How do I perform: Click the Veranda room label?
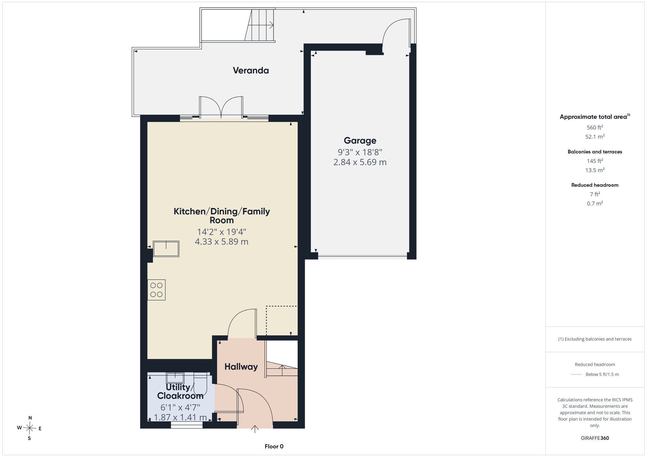(x=251, y=70)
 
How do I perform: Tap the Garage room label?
(x=360, y=141)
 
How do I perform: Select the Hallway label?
(x=241, y=367)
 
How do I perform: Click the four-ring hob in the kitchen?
(x=157, y=290)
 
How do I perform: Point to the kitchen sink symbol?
(x=166, y=249)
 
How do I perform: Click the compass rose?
(x=29, y=428)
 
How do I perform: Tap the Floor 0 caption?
(x=274, y=446)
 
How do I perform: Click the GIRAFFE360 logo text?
(x=595, y=438)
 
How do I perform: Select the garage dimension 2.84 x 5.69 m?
(x=360, y=162)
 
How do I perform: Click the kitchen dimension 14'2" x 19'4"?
(x=222, y=232)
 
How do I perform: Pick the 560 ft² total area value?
(x=595, y=127)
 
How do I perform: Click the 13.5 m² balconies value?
(x=595, y=170)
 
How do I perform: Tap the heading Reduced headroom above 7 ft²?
(x=595, y=185)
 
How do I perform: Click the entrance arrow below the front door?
(x=255, y=429)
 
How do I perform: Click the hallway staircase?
(x=281, y=359)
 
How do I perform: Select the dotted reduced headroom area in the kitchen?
(x=281, y=321)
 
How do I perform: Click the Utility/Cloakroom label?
(x=180, y=391)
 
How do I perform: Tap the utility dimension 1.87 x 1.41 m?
(x=180, y=418)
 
